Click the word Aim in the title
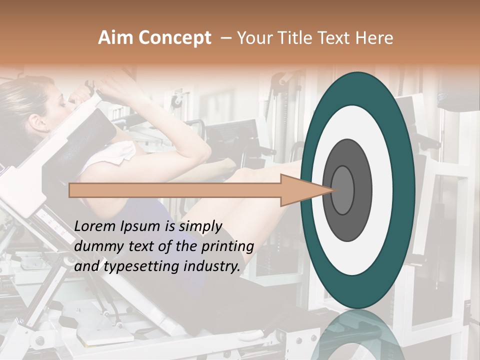(x=115, y=38)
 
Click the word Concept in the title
(x=174, y=38)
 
